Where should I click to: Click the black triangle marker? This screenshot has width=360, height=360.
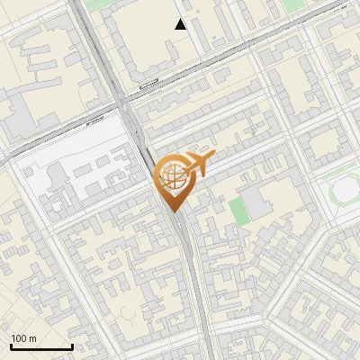click(181, 24)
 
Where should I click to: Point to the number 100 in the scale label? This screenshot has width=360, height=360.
click(19, 338)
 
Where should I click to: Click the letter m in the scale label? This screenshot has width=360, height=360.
click(33, 338)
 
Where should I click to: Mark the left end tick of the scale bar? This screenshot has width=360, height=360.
click(11, 346)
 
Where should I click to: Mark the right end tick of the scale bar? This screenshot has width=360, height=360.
click(72, 346)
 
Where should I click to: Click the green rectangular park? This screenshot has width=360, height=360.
click(238, 211)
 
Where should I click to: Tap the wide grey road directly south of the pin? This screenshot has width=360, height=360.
click(187, 261)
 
